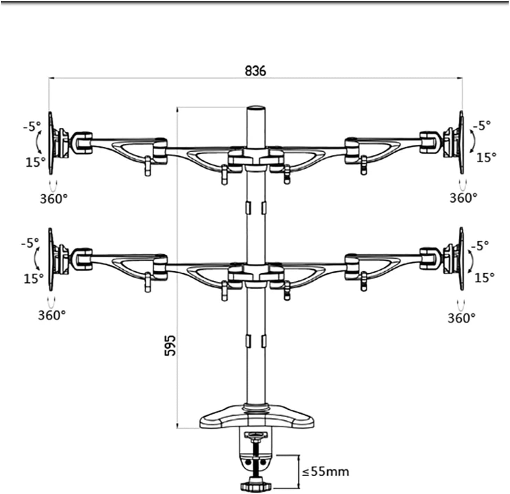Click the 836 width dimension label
point(255,70)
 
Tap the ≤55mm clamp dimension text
point(325,471)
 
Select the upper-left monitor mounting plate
point(51,143)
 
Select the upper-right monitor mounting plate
point(461,142)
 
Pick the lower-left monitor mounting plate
point(51,259)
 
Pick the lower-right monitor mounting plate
point(461,259)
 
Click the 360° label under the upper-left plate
point(53,199)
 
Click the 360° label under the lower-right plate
point(461,317)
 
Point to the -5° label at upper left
point(32,127)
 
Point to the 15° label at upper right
point(486,157)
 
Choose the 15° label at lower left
point(34,278)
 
